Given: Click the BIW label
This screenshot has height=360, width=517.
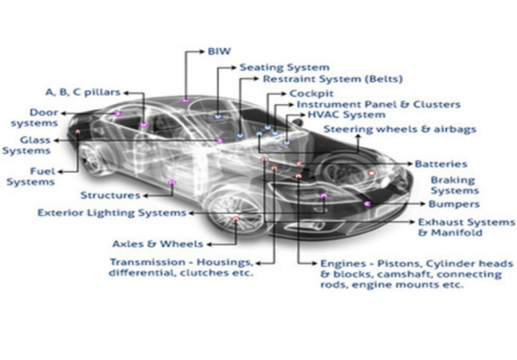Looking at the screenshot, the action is coord(219,51).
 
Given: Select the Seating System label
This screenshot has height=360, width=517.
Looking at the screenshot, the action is coord(284,67).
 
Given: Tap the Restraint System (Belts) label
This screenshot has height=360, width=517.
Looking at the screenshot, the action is coord(333,79).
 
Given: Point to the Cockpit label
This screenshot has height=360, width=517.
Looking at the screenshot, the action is coord(311,93).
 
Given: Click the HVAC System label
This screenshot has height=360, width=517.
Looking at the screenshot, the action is coord(346,115).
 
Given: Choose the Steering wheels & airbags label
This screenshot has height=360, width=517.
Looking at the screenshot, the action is coord(400,129).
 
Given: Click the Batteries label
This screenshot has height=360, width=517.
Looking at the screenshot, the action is coord(440,164).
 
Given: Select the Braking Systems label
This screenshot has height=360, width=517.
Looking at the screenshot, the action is coord(454,186).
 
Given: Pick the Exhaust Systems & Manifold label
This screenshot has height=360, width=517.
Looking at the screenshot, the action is coord(466,228).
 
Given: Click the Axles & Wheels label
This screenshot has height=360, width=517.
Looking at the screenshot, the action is coord(157,244).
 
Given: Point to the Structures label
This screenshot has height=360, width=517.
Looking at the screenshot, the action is coord(110,195).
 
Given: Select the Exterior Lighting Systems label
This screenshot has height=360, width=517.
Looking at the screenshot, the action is coord(112,213).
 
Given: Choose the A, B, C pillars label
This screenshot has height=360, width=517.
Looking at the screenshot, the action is coord(83,92).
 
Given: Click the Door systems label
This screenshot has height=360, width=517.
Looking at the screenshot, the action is coord(35,118).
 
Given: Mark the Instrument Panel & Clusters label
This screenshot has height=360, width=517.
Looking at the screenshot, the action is coord(378,104).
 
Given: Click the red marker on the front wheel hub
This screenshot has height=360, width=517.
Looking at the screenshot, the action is coord(236,219).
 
